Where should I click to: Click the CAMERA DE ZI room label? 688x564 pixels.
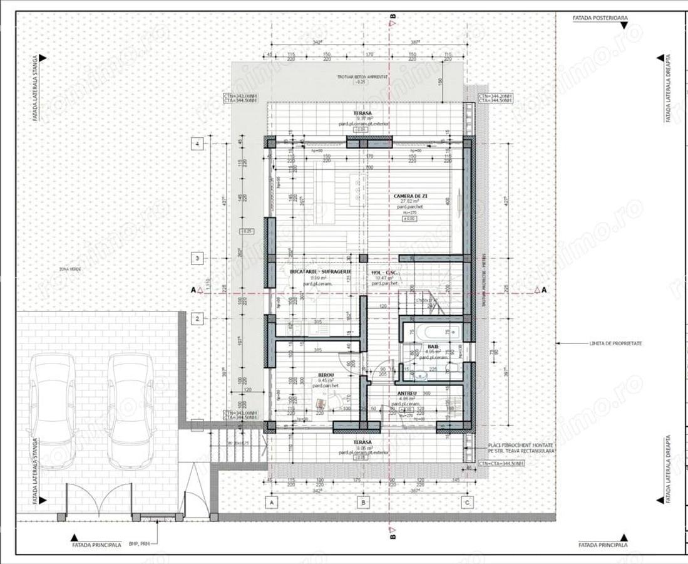coord(407,196)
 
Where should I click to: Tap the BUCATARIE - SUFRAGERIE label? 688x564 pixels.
coord(320,271)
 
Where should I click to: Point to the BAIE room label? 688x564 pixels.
coord(433,346)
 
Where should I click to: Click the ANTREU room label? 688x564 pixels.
coord(408,394)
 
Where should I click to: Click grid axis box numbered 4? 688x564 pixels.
coord(197,144)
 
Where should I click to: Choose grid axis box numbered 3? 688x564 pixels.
coord(197,258)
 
